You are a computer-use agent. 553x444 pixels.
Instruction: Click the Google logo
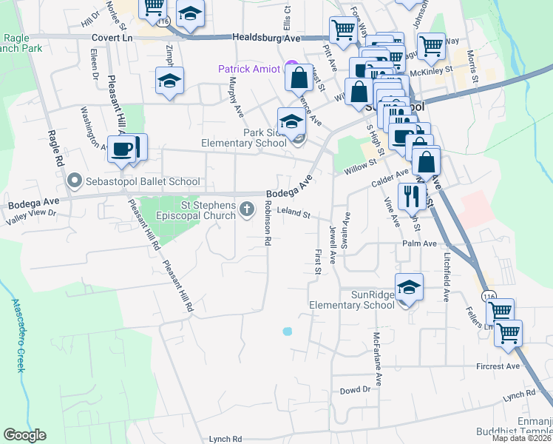[24, 435]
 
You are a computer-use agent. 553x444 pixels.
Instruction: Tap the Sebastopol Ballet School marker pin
[74, 181]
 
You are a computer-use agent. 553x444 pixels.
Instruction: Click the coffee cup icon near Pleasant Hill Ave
[123, 149]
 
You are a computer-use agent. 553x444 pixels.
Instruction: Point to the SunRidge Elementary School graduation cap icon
[407, 287]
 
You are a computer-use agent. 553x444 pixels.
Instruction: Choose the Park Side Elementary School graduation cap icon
[291, 121]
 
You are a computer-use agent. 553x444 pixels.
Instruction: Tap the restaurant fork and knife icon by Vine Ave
[409, 195]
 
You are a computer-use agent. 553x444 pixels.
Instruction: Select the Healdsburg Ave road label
[267, 37]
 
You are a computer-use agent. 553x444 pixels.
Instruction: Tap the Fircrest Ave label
[498, 366]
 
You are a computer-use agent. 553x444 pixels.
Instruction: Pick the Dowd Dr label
[355, 390]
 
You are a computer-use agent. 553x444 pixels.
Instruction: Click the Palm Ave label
[420, 243]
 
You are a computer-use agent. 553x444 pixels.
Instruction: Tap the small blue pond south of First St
[287, 331]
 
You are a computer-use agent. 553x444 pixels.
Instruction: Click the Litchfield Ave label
[447, 275]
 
